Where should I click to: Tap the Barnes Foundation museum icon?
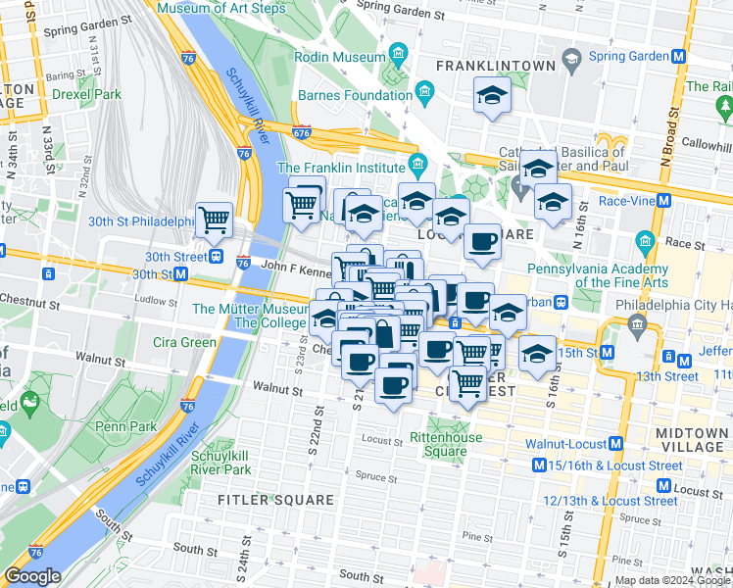pos(425,95)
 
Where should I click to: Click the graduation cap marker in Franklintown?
pos(492,97)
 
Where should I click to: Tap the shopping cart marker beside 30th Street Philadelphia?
pos(214,220)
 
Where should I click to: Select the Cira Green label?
pos(184,342)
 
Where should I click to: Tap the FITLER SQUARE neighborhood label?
pos(275,500)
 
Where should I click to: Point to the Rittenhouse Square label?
pos(445,444)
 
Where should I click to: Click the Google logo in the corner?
pos(32,576)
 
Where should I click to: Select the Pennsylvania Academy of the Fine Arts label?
pos(598,275)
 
